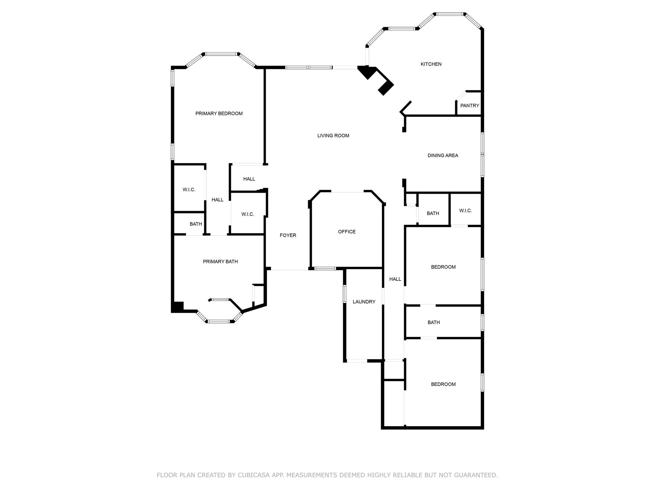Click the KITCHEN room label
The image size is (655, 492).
[x=431, y=64]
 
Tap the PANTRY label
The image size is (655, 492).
[x=470, y=105]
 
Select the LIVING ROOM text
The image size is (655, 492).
[x=333, y=136]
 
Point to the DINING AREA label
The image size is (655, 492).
[x=443, y=156]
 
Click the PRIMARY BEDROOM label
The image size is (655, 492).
[x=219, y=113]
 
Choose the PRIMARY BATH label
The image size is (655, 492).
[x=220, y=262]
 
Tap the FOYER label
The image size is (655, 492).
[x=288, y=236]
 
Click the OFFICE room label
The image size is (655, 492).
[x=347, y=232]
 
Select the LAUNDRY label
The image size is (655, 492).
[x=364, y=302]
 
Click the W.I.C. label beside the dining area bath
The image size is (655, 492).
[x=465, y=211]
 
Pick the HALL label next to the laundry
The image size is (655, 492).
[x=395, y=279]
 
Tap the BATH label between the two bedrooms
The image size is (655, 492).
[x=434, y=323]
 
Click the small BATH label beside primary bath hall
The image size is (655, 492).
[x=196, y=224]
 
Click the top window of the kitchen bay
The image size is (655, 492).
[x=450, y=14]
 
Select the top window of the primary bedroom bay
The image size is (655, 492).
[x=221, y=54]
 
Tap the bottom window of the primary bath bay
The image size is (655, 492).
[x=218, y=322]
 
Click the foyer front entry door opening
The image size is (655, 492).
[x=289, y=270]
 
